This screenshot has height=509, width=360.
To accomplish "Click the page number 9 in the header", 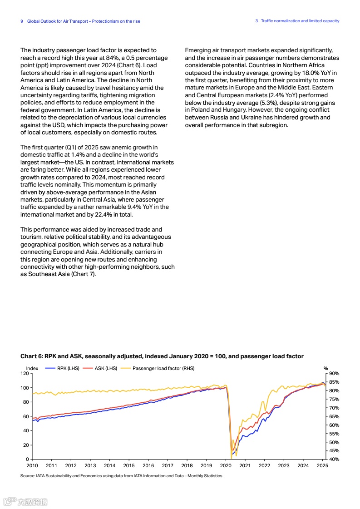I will click(x=22, y=21).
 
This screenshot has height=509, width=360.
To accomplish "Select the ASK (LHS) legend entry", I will click(x=106, y=368).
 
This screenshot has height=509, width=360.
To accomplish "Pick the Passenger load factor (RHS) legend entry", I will click(x=163, y=368).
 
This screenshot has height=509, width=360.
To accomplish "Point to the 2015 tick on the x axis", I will click(x=129, y=465).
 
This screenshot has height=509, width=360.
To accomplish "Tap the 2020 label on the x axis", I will click(x=226, y=465).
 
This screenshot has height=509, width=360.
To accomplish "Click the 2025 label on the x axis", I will click(x=322, y=465).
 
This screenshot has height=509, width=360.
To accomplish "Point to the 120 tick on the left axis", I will click(x=25, y=373).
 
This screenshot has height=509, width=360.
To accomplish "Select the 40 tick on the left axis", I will click(x=26, y=430).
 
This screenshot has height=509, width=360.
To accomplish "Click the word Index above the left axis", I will click(x=32, y=368).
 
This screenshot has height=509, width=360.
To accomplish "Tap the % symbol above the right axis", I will click(x=325, y=368).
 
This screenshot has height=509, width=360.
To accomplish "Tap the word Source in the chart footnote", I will click(x=28, y=476).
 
